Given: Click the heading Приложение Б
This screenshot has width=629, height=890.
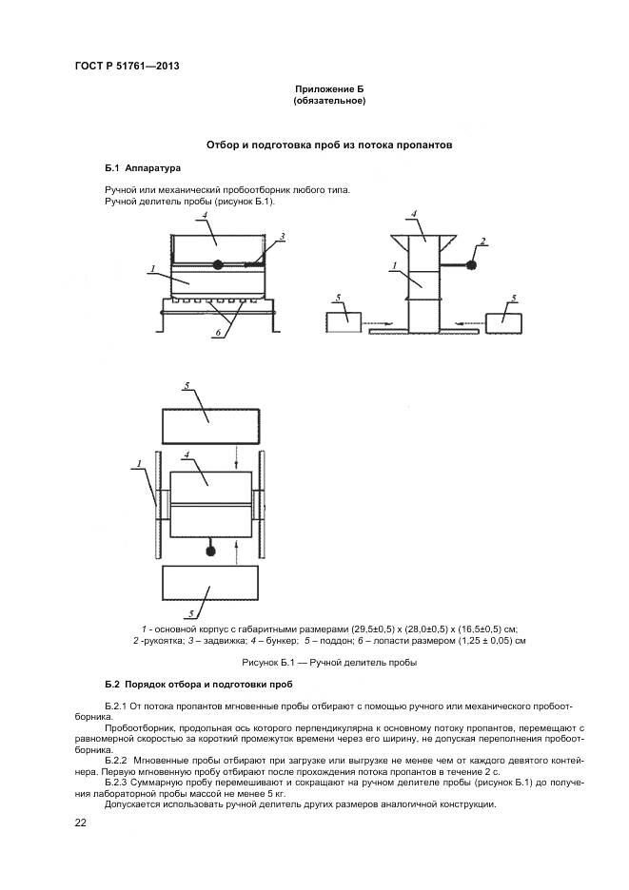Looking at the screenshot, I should tap(329, 88).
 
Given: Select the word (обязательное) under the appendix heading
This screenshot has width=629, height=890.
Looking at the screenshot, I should tap(329, 100).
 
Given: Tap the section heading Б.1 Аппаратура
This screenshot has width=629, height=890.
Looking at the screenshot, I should tap(142, 167).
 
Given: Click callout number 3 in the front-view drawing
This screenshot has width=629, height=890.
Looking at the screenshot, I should tap(282, 236).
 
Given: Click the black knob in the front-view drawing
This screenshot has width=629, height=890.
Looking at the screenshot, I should tap(218, 265).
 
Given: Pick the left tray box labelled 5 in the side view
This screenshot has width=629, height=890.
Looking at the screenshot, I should tap(344, 321).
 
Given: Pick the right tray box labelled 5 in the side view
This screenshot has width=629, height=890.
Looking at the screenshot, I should tap(505, 322).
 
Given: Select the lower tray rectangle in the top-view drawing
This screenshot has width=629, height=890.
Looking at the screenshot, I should tap(210, 588).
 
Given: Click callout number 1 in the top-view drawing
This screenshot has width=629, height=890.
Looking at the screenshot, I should tap(139, 464).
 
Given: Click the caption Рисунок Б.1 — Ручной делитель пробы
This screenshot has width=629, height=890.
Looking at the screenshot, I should tap(329, 662).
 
